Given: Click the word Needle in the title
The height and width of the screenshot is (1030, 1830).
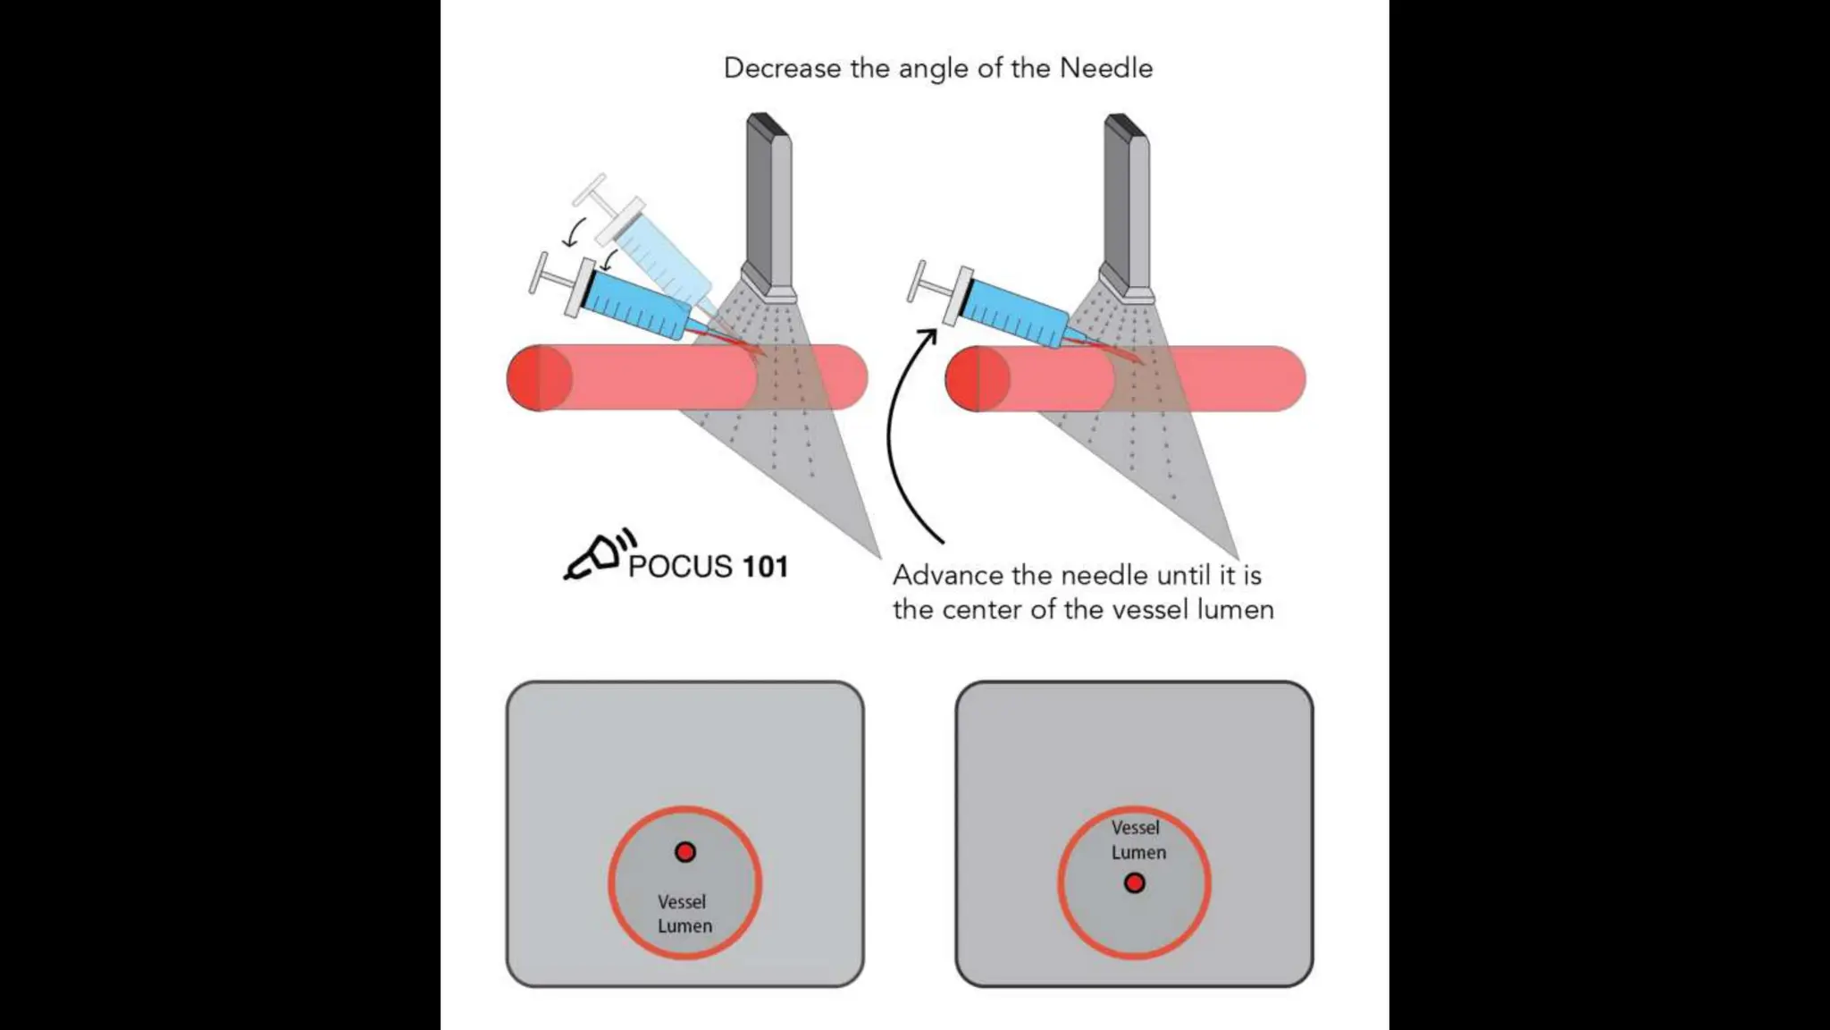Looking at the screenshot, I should pos(1105,69).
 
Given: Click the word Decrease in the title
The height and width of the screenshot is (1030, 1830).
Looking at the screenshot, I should pos(769,69).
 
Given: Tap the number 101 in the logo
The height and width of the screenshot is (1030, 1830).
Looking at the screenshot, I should pos(765,567).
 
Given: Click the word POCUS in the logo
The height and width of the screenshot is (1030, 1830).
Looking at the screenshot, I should pos(680,567).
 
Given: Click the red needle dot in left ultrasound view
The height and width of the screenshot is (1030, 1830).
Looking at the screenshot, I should pos(685,852).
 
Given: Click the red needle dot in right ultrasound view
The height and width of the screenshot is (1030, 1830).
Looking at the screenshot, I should pos(1135,883).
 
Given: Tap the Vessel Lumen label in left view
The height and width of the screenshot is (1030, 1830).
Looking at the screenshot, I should pos(684,914).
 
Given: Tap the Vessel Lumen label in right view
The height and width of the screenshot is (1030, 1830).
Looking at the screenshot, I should pos(1137,840).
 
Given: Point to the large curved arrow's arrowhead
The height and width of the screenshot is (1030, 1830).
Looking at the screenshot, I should pos(930,335).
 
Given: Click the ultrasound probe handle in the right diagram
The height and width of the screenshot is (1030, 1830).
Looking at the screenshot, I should pos(1126,206).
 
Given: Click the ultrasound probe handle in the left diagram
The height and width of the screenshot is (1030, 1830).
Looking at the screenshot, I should pos(768,206).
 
